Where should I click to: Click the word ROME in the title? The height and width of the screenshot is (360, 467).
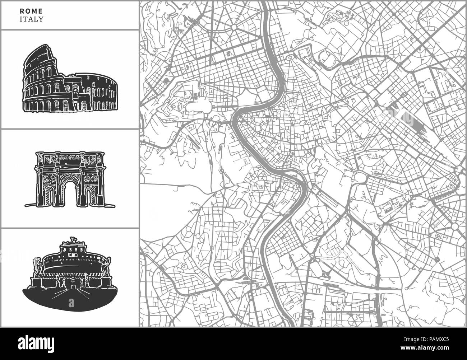[28, 11]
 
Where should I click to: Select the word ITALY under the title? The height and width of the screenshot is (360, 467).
[32, 19]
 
